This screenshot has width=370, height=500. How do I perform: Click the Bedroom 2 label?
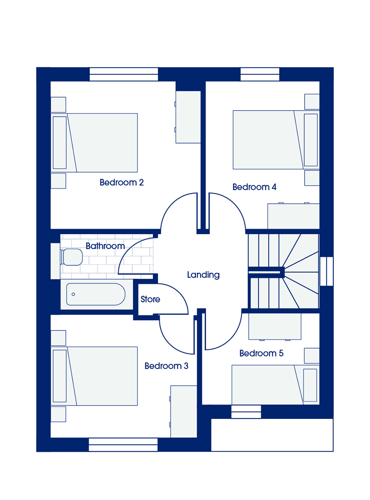[x=121, y=182]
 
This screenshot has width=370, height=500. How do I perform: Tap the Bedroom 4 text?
[x=254, y=187]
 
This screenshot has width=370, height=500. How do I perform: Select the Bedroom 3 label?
[x=166, y=366]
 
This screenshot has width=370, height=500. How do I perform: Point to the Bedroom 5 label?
[x=261, y=353]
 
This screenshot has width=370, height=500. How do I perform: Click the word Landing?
[x=203, y=275]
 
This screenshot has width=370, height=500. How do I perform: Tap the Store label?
[x=150, y=299]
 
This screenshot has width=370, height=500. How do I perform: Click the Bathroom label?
[x=105, y=246]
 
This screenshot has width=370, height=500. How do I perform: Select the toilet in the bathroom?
[x=71, y=257]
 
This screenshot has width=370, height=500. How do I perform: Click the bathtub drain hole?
[x=73, y=294]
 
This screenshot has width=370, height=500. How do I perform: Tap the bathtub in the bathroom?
[x=96, y=294]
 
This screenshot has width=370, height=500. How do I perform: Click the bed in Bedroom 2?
[x=94, y=143]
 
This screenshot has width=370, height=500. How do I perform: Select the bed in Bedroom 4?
[x=276, y=140]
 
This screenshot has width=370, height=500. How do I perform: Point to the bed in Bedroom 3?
[x=94, y=376]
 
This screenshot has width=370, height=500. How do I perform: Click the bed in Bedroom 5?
[x=275, y=385]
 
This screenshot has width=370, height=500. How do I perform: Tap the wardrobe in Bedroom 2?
[x=188, y=117]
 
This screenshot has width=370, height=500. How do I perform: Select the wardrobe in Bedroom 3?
[x=183, y=412]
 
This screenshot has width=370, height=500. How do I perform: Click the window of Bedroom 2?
[x=124, y=74]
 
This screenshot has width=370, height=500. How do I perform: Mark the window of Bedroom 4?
[x=260, y=74]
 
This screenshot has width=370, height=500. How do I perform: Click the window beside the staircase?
[x=326, y=271]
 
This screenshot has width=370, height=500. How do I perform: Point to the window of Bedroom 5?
[x=246, y=412]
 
